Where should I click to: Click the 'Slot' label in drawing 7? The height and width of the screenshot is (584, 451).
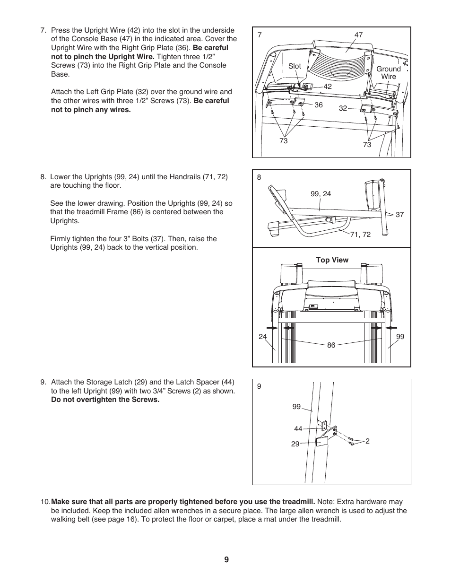coord(295,66)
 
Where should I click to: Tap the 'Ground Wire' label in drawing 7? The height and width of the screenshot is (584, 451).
coord(388,72)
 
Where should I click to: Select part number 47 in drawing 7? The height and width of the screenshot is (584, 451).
coord(358,35)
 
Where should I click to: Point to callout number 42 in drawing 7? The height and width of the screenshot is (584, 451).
coord(328,87)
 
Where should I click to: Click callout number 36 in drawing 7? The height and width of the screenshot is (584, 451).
coord(319,105)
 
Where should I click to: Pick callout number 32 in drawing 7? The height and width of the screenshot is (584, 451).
coord(343,108)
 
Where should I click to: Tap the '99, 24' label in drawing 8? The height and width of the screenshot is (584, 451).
coord(321,194)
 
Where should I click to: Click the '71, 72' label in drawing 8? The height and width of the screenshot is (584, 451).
coord(360,234)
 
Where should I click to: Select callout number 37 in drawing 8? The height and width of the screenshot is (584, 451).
coord(399,215)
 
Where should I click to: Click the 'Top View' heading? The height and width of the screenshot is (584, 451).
coord(332,260)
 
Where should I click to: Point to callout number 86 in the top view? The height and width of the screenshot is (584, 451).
coord(331,345)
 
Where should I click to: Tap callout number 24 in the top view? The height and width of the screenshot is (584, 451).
coord(262,337)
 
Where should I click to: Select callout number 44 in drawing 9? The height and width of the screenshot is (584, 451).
coord(298,429)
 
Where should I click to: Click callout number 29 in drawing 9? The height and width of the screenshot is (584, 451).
coord(295,444)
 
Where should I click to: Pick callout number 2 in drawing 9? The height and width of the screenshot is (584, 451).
coord(367,441)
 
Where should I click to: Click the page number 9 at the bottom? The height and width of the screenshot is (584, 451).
coord(226,559)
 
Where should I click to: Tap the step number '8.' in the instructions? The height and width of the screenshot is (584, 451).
coord(43,177)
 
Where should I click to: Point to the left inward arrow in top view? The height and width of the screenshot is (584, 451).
coord(271,327)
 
